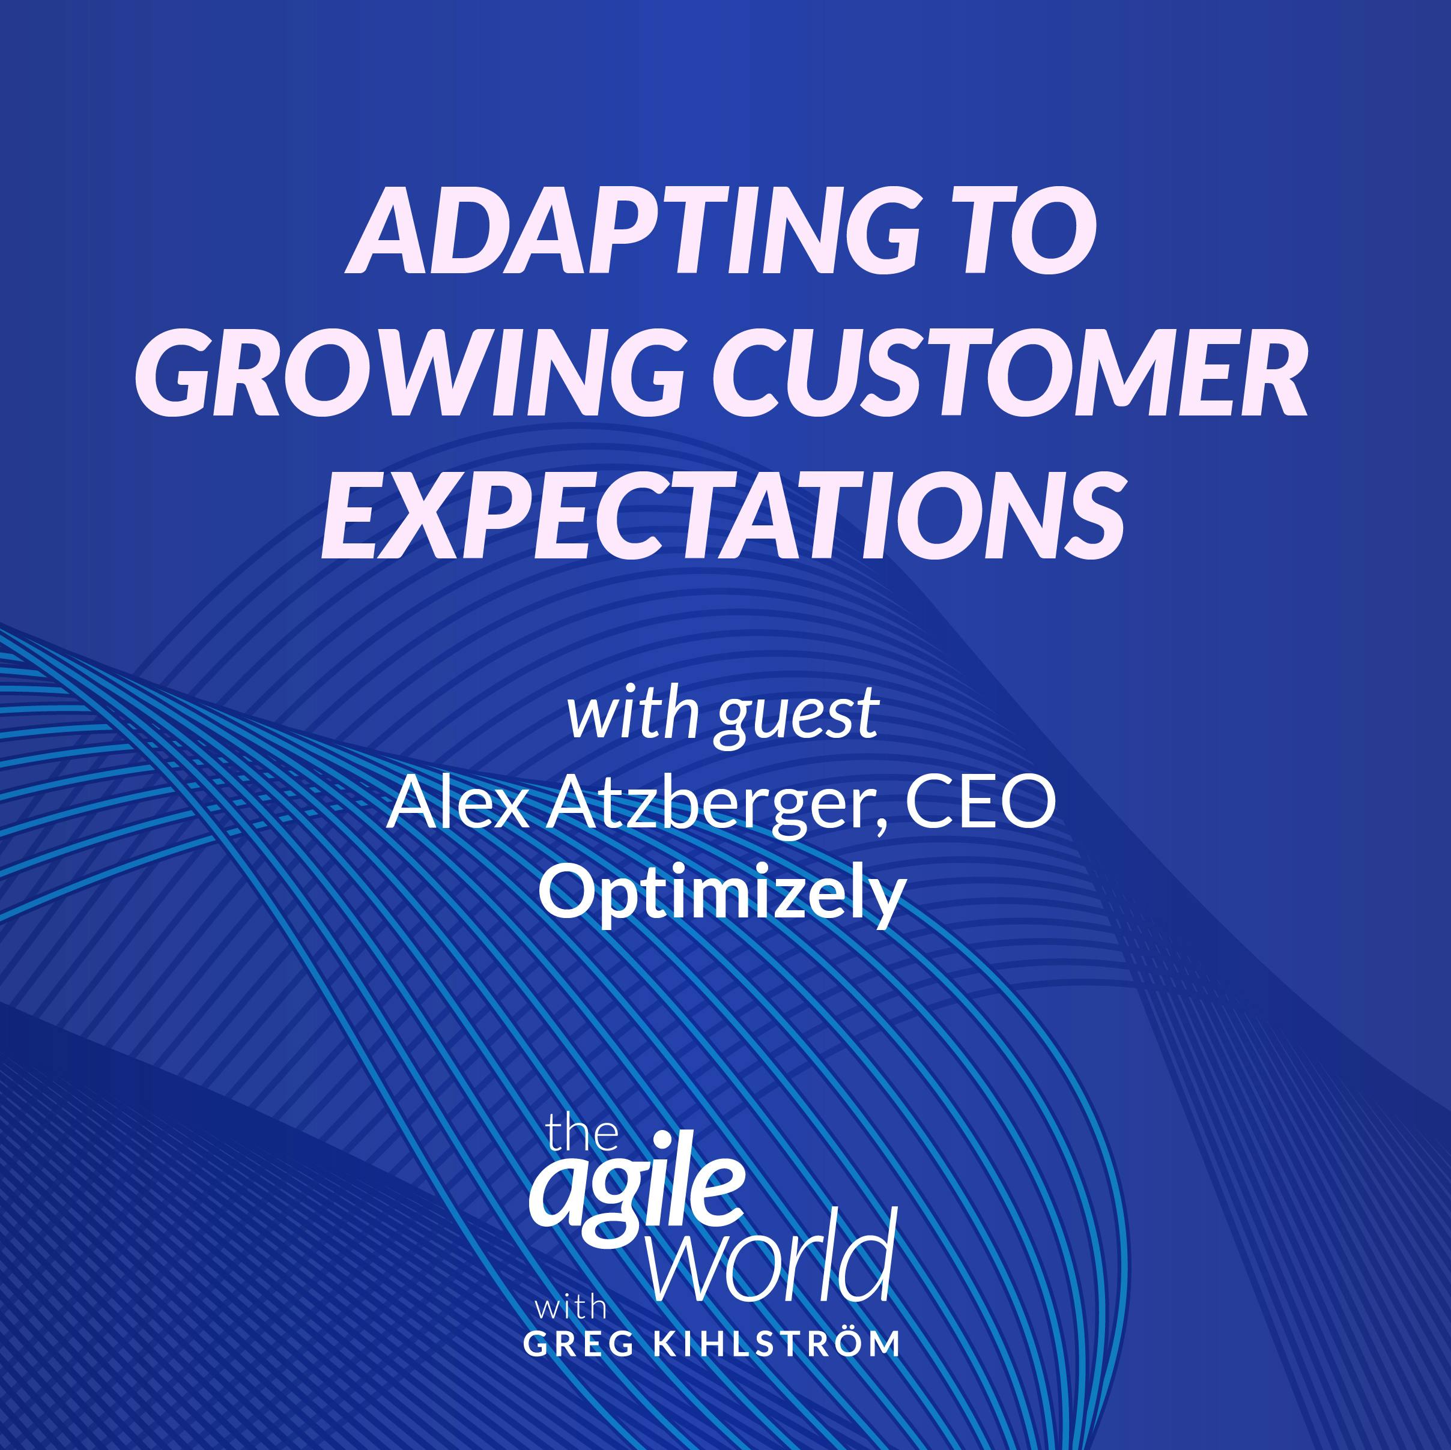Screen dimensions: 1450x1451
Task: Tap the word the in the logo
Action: [582, 1134]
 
